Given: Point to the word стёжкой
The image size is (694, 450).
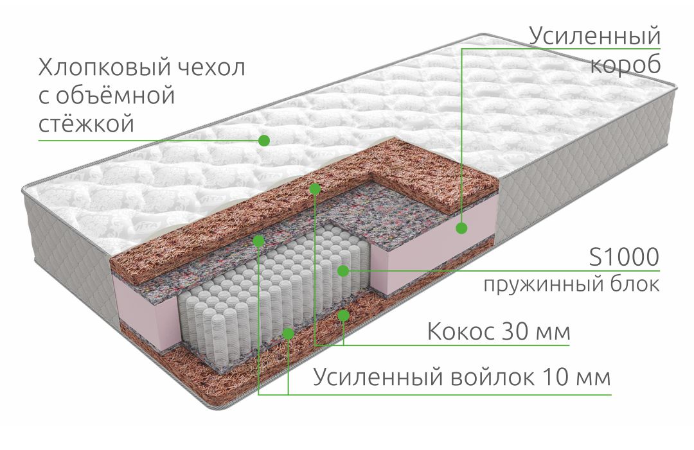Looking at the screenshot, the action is pos(86,123).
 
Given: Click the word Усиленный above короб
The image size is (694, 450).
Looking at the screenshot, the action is pos(594,36).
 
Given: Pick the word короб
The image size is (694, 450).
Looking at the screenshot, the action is pos(625,65).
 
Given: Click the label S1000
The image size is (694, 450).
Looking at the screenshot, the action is pos(624,257).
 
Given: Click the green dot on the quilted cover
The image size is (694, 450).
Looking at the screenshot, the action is pos(264,141).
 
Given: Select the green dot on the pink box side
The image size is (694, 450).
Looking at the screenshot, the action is pos(461,228).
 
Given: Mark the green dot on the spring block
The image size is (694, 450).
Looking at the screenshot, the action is pos(343,270).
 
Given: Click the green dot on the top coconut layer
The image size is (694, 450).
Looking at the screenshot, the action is pos(315,189).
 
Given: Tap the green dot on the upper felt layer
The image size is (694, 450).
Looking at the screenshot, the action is pos(259,241).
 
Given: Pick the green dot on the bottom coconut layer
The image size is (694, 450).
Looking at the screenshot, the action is pos(343,315).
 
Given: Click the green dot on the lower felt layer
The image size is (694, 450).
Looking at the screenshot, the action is pos(288,333).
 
